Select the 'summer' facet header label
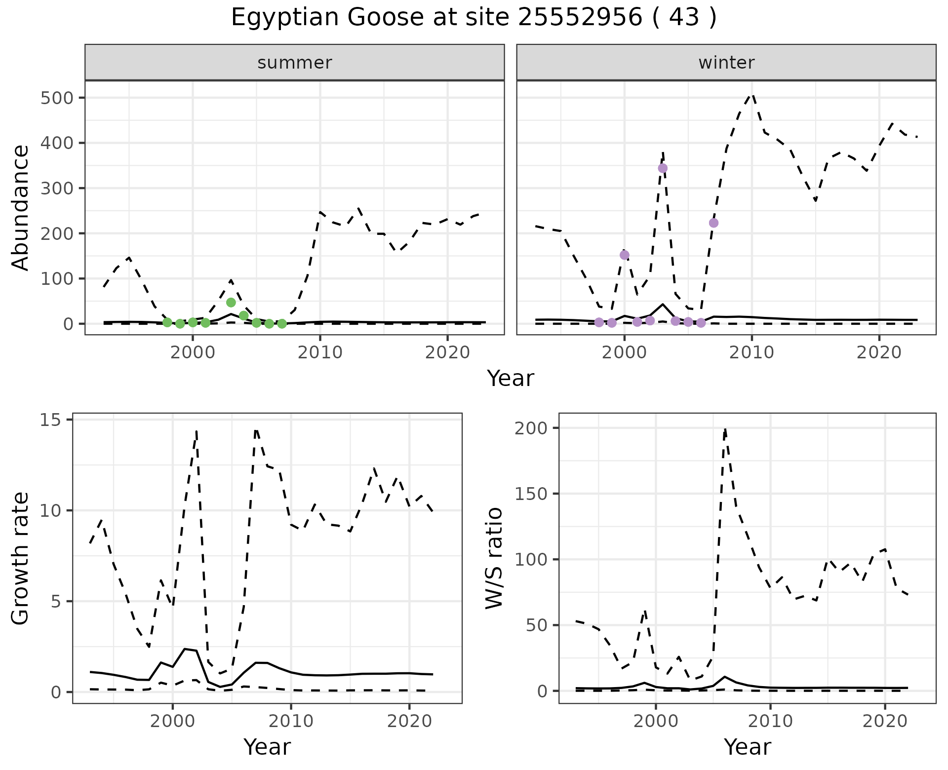point(295,63)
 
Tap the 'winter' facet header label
point(726,63)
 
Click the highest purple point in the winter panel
point(663,168)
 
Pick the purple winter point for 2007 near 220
point(713,223)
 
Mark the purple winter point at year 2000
point(624,255)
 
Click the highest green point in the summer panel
point(231,303)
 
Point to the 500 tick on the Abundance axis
point(58,98)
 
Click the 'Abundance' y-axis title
point(21,208)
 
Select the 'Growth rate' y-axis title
point(21,558)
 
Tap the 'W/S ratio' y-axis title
point(494,558)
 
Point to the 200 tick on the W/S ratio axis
point(531,428)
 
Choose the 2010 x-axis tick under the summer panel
point(320,352)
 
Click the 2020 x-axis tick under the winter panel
point(879,352)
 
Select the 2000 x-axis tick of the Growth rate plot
point(172,721)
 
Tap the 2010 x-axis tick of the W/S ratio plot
point(770,721)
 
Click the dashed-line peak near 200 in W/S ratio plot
point(725,429)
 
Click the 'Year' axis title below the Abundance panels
point(511,379)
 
